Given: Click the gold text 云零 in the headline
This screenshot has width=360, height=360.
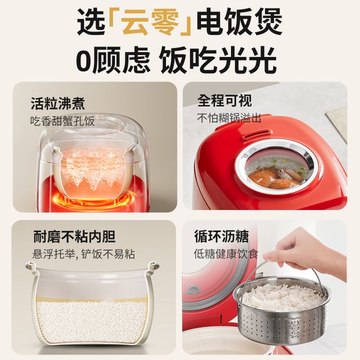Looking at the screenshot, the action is (x=150, y=22).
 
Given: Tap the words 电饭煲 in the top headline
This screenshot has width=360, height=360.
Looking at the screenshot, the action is (x=240, y=22).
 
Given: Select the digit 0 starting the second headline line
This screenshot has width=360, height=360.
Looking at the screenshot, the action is (x=84, y=61).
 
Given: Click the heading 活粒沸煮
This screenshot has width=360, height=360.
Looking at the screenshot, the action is (x=57, y=103).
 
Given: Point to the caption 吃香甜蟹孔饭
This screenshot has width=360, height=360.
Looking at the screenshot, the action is (x=62, y=121).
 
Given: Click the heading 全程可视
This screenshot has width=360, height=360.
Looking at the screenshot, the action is (x=225, y=100).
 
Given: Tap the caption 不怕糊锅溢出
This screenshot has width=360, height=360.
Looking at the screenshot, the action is (x=229, y=118).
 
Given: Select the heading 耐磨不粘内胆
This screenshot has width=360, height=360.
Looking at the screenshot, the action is (x=74, y=236).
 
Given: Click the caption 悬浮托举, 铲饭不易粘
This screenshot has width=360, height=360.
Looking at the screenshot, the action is (x=84, y=254).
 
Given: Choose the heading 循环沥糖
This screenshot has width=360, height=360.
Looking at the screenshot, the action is (x=221, y=236).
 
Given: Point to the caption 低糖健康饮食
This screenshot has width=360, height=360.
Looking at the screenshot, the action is (x=226, y=254).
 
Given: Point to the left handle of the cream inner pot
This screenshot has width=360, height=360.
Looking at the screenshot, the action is (x=31, y=268).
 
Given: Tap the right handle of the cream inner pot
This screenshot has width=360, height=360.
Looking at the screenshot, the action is (x=153, y=268).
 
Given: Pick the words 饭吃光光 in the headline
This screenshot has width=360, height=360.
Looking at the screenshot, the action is (x=218, y=61).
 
